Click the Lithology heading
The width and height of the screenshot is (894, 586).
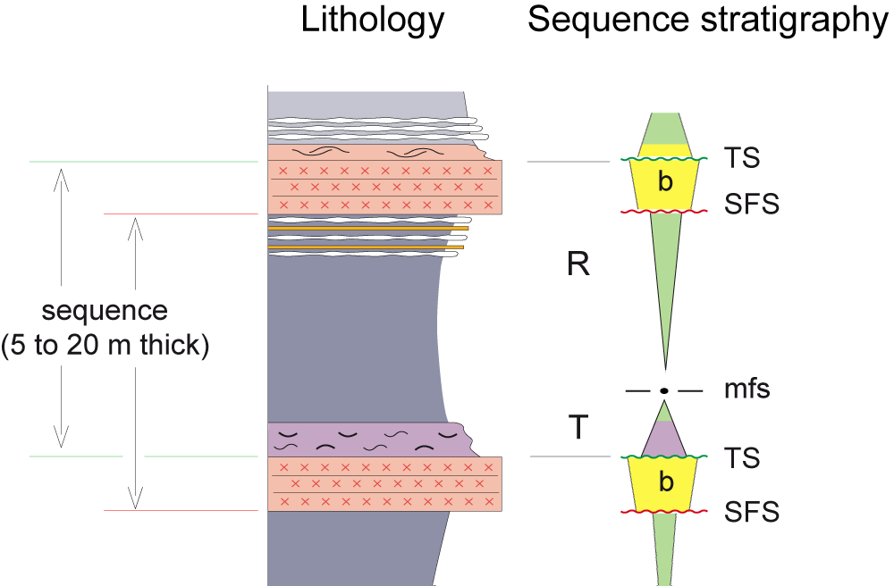pyautogui.click(x=373, y=21)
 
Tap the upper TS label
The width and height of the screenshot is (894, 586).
pyautogui.click(x=743, y=158)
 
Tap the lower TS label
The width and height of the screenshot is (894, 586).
pyautogui.click(x=743, y=457)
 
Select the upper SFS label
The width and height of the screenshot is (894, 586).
pyautogui.click(x=753, y=205)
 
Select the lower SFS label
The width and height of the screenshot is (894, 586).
pyautogui.click(x=753, y=512)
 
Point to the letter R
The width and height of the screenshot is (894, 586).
pyautogui.click(x=578, y=265)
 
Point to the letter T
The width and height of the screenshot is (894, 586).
pyautogui.click(x=578, y=429)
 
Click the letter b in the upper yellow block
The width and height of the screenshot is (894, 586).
pyautogui.click(x=665, y=182)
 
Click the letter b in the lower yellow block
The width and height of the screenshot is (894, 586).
pyautogui.click(x=665, y=483)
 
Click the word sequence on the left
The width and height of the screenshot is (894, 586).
pyautogui.click(x=105, y=311)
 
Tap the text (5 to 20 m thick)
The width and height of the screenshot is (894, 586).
pyautogui.click(x=105, y=347)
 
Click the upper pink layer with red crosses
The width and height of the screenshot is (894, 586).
pyautogui.click(x=384, y=187)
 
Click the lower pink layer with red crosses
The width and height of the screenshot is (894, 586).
pyautogui.click(x=384, y=483)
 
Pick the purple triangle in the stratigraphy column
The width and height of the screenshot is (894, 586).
pyautogui.click(x=664, y=439)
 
